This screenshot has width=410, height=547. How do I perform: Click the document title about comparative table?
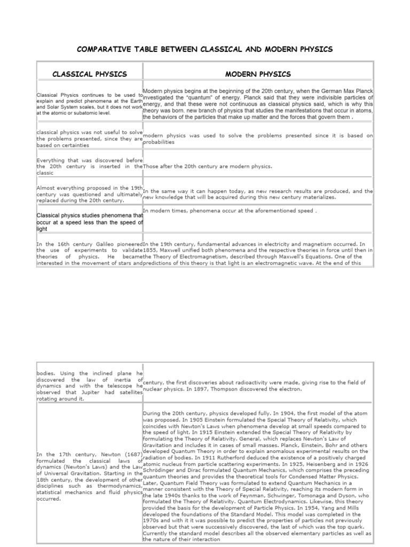205,49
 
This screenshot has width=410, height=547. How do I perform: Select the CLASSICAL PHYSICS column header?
89,74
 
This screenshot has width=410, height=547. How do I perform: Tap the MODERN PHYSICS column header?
258,74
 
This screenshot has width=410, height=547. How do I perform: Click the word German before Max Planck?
321,91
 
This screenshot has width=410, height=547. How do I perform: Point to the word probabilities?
159,142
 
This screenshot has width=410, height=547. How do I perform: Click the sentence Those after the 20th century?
208,166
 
